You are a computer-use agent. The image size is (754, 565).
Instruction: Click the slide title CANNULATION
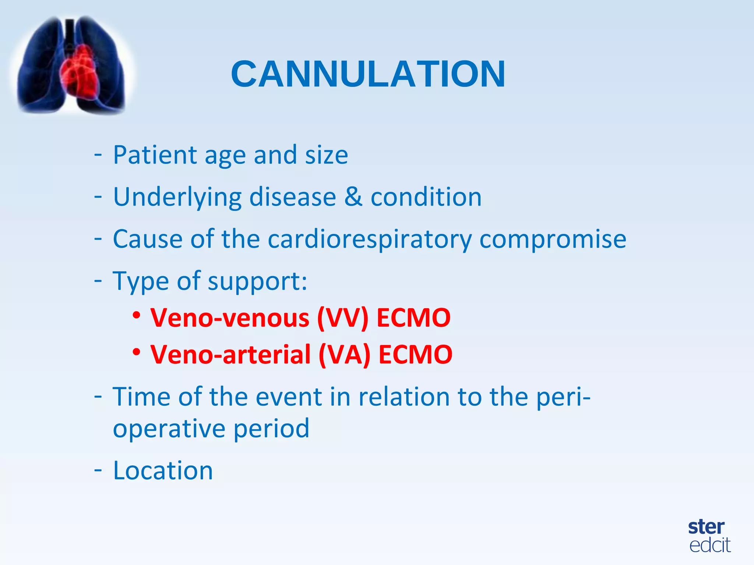pyautogui.click(x=368, y=74)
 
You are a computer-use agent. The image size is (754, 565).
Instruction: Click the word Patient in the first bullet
pyautogui.click(x=155, y=155)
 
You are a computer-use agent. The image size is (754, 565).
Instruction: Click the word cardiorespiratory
pyautogui.click(x=369, y=239)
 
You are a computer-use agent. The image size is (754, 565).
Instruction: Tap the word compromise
pyautogui.click(x=553, y=239)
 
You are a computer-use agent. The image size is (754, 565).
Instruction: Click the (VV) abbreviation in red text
pyautogui.click(x=342, y=318)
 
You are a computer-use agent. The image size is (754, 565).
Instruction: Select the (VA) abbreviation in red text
pyautogui.click(x=344, y=355)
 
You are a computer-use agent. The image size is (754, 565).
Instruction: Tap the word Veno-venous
pyautogui.click(x=230, y=318)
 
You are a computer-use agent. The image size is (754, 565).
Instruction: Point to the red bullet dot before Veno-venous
pyautogui.click(x=137, y=315)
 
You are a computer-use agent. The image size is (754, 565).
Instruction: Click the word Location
pyautogui.click(x=163, y=470)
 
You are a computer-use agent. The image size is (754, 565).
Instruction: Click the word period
pyautogui.click(x=271, y=429)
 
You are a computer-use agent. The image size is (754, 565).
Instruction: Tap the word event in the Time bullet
pyautogui.click(x=289, y=397)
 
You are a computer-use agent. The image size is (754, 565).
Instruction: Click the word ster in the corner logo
pyautogui.click(x=706, y=527)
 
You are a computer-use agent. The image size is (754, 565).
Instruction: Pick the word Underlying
pyautogui.click(x=177, y=197)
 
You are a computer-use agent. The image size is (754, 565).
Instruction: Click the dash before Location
pyautogui.click(x=98, y=470)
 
